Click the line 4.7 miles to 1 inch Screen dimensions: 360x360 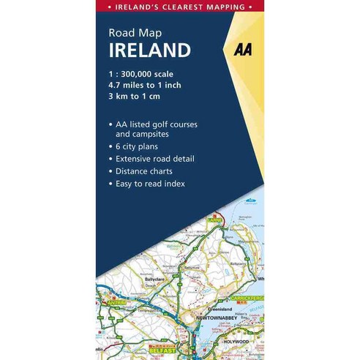tap(145, 85)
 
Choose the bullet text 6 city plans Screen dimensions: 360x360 tap(142, 146)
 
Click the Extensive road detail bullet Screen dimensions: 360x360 tap(158, 159)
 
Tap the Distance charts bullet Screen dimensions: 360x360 tap(148, 171)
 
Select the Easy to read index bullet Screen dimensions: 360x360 tap(154, 184)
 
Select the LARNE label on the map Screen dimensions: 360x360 tap(214, 218)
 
